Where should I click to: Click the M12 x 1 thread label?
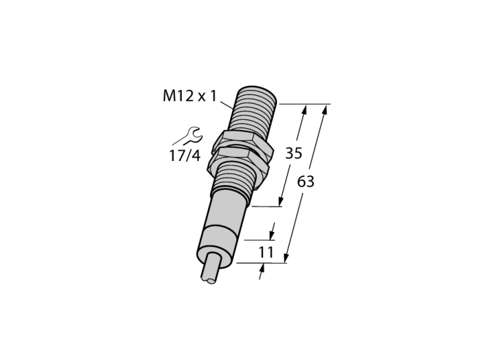click(x=189, y=96)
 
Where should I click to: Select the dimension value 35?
click(x=294, y=153)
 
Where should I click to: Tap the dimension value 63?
click(x=306, y=182)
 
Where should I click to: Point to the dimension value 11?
click(x=266, y=253)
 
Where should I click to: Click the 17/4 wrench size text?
click(x=185, y=156)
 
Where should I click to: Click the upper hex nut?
click(x=243, y=140)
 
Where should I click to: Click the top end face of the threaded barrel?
click(x=259, y=92)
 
